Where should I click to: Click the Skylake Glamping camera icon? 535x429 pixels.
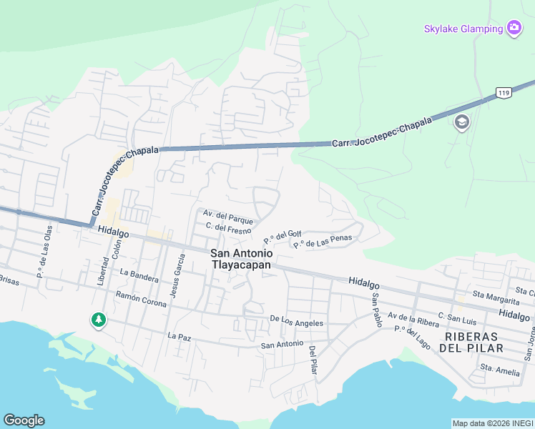click(x=514, y=29)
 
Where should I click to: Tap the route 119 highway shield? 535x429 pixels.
click(x=504, y=93)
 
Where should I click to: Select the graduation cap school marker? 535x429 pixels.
click(x=461, y=122)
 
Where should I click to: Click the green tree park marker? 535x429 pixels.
click(x=98, y=320)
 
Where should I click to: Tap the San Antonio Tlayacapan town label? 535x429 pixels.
click(x=241, y=259)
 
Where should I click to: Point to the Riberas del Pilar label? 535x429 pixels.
click(x=473, y=342)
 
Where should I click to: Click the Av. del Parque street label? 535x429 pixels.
click(x=228, y=214)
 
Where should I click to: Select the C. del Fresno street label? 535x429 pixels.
click(x=228, y=228)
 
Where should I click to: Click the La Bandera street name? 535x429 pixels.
click(x=139, y=272)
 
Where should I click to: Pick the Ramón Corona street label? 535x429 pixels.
click(x=141, y=299)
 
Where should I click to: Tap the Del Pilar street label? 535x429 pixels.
click(x=313, y=360)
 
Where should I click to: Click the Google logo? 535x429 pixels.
click(x=24, y=420)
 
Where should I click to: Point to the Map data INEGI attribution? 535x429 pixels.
click(x=492, y=423)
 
